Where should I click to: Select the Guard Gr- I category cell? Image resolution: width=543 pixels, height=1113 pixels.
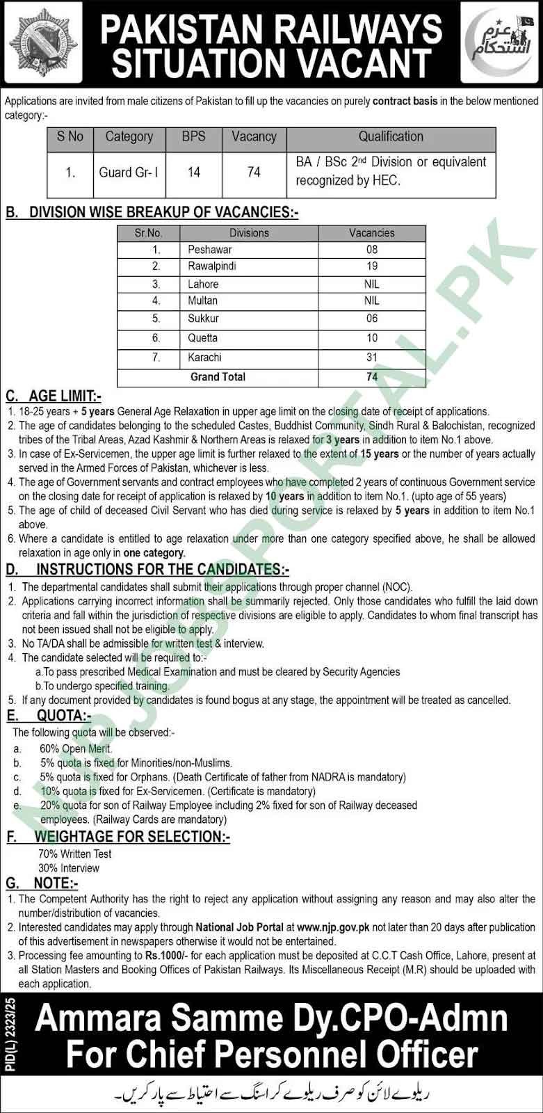[129, 172]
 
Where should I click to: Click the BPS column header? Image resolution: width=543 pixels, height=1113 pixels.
[193, 136]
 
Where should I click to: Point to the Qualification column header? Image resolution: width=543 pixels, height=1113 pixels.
[391, 136]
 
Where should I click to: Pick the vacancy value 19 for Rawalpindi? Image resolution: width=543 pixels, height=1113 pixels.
[372, 266]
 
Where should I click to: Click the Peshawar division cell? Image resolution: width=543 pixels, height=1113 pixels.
[210, 249]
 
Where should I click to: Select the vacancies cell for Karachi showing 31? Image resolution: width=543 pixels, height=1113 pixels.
[372, 357]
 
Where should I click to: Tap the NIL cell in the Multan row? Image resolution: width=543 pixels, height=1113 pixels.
[372, 301]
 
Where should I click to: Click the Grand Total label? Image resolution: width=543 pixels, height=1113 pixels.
[218, 376]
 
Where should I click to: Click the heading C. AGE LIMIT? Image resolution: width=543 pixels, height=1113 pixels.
[54, 397]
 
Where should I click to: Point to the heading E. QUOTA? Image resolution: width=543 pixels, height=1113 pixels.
[49, 716]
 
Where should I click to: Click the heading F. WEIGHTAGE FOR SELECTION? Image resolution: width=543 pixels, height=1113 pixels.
[118, 837]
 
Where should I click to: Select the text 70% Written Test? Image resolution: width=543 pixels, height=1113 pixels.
[74, 854]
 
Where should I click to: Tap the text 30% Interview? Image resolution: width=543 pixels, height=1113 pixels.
[69, 868]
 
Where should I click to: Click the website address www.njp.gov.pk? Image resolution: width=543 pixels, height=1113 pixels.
[332, 927]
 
